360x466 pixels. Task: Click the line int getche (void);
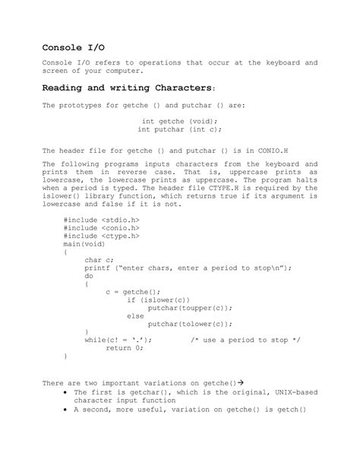[180, 120]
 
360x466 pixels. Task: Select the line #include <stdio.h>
[102, 219]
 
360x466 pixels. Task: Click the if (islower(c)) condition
[158, 300]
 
